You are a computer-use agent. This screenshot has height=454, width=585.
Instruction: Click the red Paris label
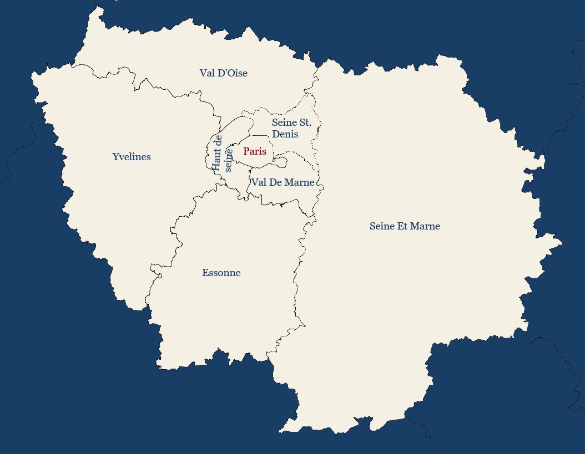255,151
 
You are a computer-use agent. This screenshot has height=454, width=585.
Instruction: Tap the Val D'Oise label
223,73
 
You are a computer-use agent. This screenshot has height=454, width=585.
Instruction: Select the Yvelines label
132,157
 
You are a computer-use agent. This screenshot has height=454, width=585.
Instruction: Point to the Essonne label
221,273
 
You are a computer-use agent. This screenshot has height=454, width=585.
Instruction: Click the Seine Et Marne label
405,226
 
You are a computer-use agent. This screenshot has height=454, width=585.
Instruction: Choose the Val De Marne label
283,182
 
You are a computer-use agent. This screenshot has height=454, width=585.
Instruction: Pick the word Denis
285,134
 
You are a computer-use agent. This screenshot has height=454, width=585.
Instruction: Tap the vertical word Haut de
217,153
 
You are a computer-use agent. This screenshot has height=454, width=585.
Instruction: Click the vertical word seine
228,160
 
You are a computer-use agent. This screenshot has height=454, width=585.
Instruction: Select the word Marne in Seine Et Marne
425,226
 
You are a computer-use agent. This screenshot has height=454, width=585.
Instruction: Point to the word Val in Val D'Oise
207,73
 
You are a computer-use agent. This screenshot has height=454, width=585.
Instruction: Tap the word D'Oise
233,73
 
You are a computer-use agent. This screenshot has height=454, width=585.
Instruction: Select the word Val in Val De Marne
259,182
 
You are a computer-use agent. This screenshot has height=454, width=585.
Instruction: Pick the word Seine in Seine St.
285,123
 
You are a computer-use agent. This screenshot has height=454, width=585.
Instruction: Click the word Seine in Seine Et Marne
382,226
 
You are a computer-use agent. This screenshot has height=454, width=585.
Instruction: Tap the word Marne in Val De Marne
300,182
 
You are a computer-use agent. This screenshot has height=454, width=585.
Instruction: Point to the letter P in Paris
246,151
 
